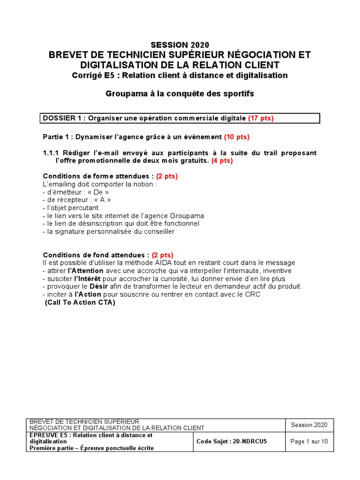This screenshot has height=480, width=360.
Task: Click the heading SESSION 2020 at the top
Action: click(180, 45)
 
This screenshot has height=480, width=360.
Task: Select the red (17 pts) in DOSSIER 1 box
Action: click(261, 118)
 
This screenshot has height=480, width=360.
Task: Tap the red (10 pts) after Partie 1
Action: click(237, 137)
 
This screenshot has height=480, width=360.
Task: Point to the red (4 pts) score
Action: click(221, 160)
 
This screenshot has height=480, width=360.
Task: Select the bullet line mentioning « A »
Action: click(77, 200)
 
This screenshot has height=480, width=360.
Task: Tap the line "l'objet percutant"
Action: click(70, 208)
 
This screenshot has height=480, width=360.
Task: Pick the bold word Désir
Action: click(99, 286)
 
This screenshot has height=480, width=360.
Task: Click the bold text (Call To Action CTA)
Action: click(80, 302)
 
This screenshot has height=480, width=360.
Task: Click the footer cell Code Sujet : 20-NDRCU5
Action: click(232, 442)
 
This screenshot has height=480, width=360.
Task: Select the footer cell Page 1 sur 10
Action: click(309, 442)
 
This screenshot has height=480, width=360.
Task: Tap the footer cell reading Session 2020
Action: click(309, 425)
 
